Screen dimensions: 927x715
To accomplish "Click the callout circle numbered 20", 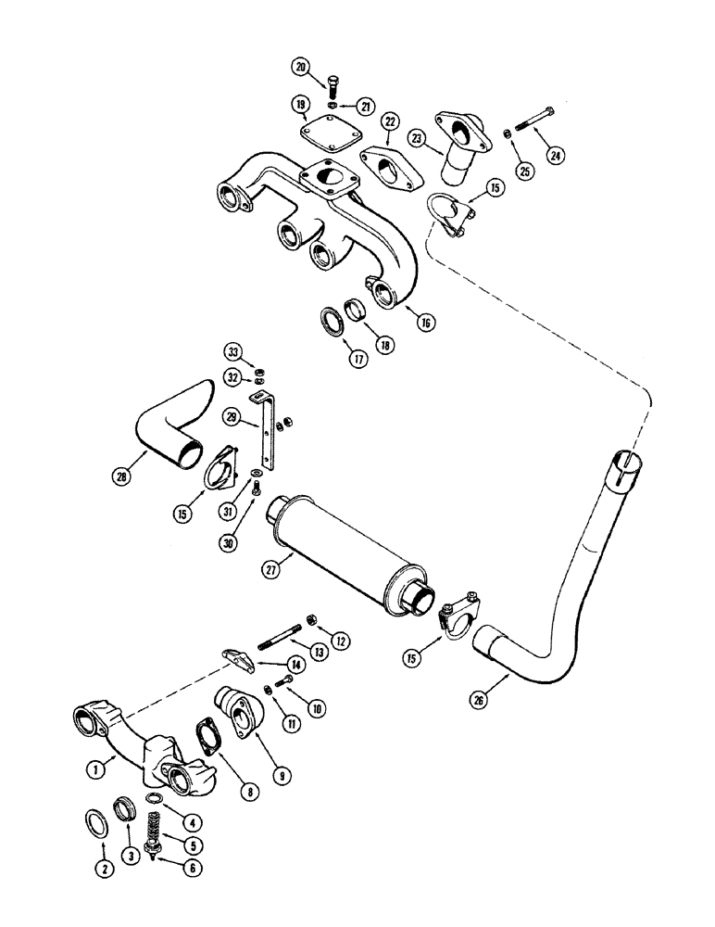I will coord(301,66).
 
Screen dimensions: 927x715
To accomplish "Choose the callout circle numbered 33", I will coord(232,351).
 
